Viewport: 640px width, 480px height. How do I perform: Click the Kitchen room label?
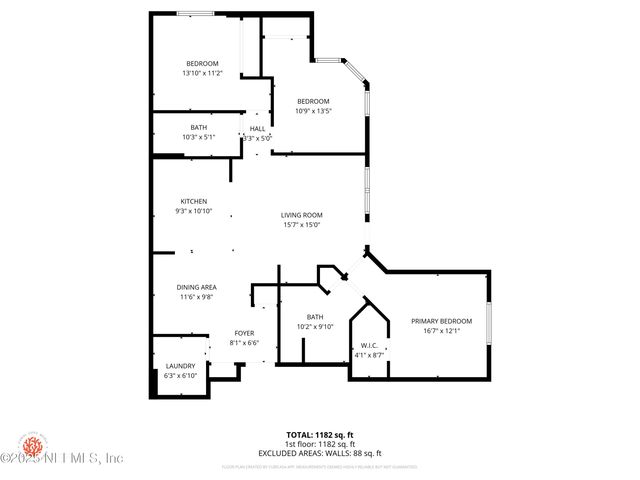coord(193,202)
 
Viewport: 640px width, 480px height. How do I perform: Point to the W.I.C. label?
coord(370,346)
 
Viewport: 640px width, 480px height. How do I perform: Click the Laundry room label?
coord(180,366)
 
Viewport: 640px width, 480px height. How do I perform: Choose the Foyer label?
coord(244,333)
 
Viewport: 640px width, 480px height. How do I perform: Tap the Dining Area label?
coord(198,287)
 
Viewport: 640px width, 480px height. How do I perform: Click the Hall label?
coord(257,129)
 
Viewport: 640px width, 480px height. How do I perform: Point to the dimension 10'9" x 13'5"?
coord(313,111)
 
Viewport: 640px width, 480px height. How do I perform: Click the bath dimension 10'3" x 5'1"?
coord(199,137)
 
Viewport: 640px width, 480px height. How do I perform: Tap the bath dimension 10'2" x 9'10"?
coord(315,327)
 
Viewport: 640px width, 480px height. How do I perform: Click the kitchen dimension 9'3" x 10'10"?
coord(193,212)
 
